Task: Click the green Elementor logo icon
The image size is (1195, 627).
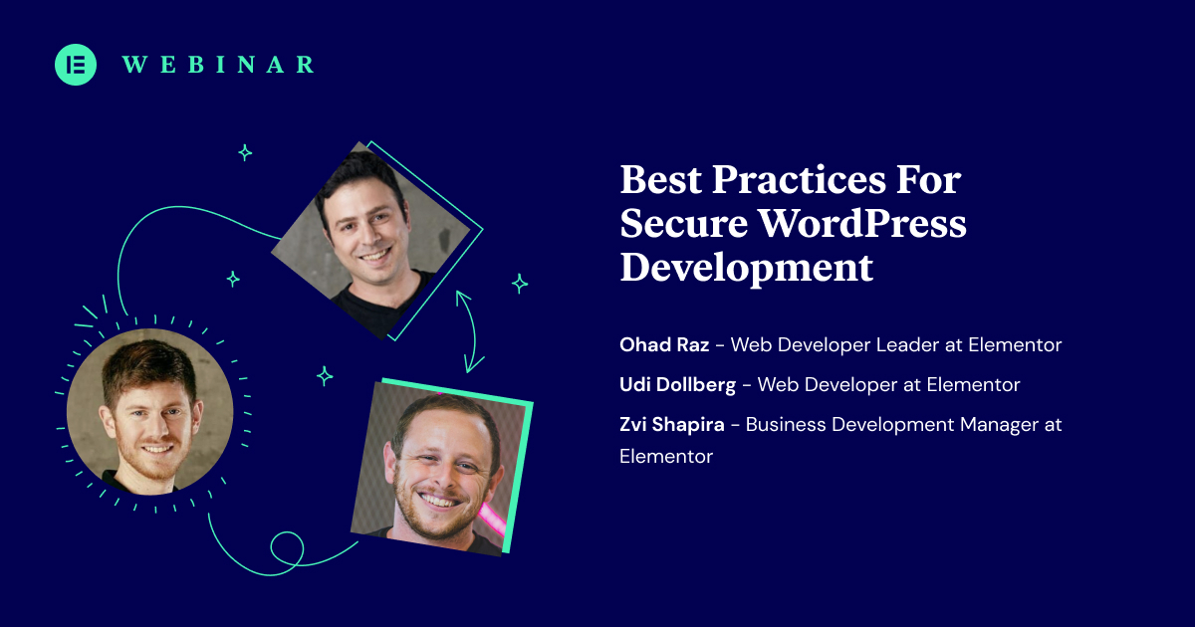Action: pyautogui.click(x=76, y=65)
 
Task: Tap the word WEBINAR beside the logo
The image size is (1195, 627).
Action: pyautogui.click(x=218, y=65)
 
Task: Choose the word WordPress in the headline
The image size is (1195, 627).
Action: pyautogui.click(x=862, y=225)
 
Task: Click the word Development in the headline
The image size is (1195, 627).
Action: pyautogui.click(x=747, y=268)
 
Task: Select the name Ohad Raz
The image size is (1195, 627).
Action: pyautogui.click(x=664, y=345)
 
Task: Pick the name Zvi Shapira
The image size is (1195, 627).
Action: pyautogui.click(x=672, y=425)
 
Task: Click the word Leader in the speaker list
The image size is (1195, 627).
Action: pyautogui.click(x=907, y=345)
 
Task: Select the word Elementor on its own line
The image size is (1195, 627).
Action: pyautogui.click(x=666, y=457)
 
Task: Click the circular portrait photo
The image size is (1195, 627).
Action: pyautogui.click(x=149, y=411)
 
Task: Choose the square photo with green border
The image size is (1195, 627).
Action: pyautogui.click(x=440, y=466)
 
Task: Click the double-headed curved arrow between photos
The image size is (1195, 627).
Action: pyautogui.click(x=470, y=330)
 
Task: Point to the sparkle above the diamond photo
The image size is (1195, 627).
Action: pyautogui.click(x=245, y=152)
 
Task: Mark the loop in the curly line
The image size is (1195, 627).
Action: pyautogui.click(x=287, y=547)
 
